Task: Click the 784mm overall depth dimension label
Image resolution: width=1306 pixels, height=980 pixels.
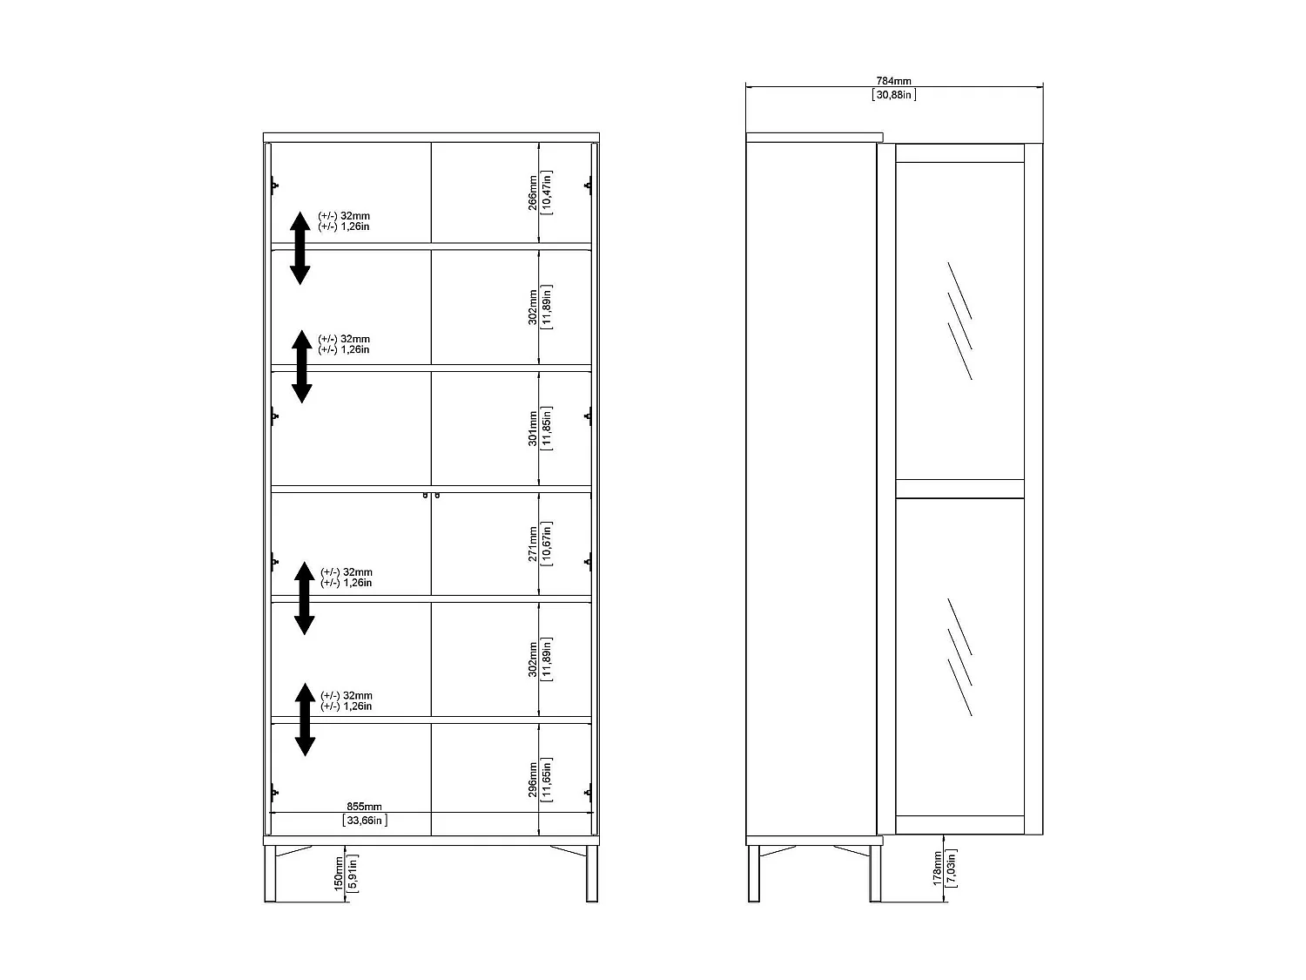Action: pos(893,81)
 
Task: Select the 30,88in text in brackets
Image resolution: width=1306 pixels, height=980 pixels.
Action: pos(893,94)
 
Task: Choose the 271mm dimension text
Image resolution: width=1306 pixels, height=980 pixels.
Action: pos(533,544)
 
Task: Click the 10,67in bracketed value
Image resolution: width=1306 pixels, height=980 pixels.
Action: pos(546,544)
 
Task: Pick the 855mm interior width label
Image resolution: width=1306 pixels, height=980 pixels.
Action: pos(364,808)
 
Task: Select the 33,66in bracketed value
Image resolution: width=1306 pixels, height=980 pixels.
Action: pos(364,821)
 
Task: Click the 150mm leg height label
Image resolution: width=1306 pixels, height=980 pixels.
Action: pos(340,873)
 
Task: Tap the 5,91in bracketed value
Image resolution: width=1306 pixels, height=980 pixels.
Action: pos(353,873)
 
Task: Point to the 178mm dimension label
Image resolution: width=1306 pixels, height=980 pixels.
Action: pos(938,869)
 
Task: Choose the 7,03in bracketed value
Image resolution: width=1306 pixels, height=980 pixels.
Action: pos(951,869)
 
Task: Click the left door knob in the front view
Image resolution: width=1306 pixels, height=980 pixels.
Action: pos(426,496)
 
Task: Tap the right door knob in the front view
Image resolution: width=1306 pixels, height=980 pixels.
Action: pos(437,496)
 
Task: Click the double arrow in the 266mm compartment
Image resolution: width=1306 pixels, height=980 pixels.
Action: pos(300,247)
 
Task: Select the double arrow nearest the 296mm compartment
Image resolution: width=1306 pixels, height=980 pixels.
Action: pos(305,719)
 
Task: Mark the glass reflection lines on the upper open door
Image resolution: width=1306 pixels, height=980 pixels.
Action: pos(959,320)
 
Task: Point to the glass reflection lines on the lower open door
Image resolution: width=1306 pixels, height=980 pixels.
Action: pos(959,656)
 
